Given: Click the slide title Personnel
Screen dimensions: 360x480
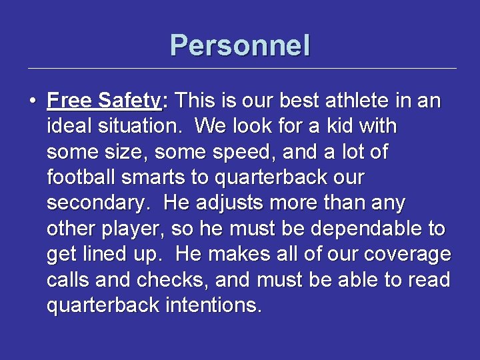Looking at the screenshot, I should coord(240,45).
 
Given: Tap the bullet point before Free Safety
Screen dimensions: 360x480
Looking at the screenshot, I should coord(32,102).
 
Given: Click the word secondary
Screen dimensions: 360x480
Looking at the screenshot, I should coord(98,203).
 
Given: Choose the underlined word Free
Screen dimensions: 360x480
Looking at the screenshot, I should coord(69,101).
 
